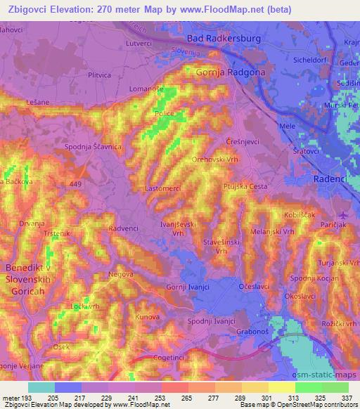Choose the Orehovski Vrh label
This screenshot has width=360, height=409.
[217, 160]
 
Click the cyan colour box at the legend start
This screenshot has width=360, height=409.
[41, 387]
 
